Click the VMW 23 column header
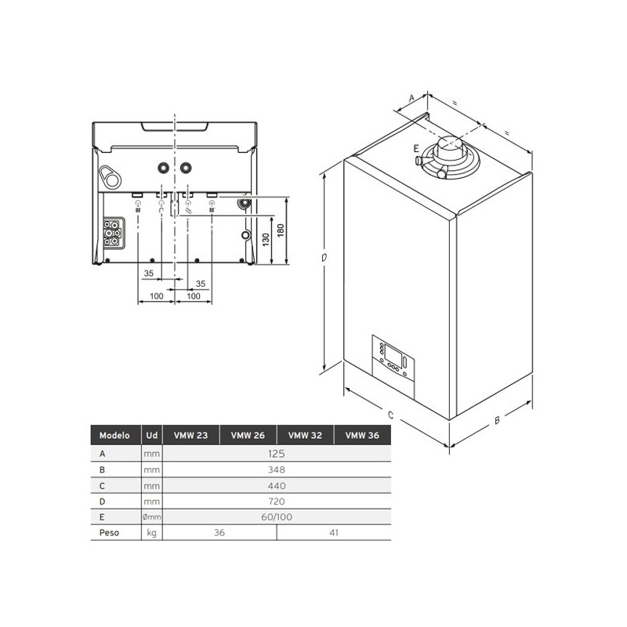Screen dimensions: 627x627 coord(190,435)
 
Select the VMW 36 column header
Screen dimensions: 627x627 coord(362,435)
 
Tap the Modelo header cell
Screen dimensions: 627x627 coord(114,435)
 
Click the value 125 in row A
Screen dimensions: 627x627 coord(277,454)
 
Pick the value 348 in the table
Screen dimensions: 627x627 coord(277,469)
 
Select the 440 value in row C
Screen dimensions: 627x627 coord(277,485)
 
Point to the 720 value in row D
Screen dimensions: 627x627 coord(277,501)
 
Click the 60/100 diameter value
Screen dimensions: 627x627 coord(277,516)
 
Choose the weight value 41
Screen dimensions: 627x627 coord(334,532)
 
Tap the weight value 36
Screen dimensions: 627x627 coord(219,532)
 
